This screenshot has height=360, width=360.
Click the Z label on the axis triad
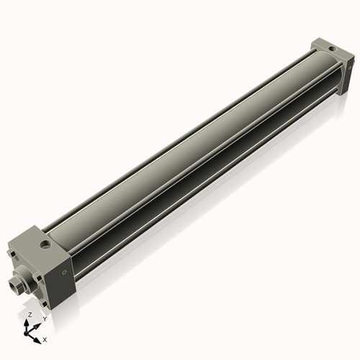30,315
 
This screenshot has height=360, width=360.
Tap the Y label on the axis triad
44,318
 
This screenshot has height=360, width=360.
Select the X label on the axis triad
45,338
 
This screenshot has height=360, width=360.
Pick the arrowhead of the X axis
38,337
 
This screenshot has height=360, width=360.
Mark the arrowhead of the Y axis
37,324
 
